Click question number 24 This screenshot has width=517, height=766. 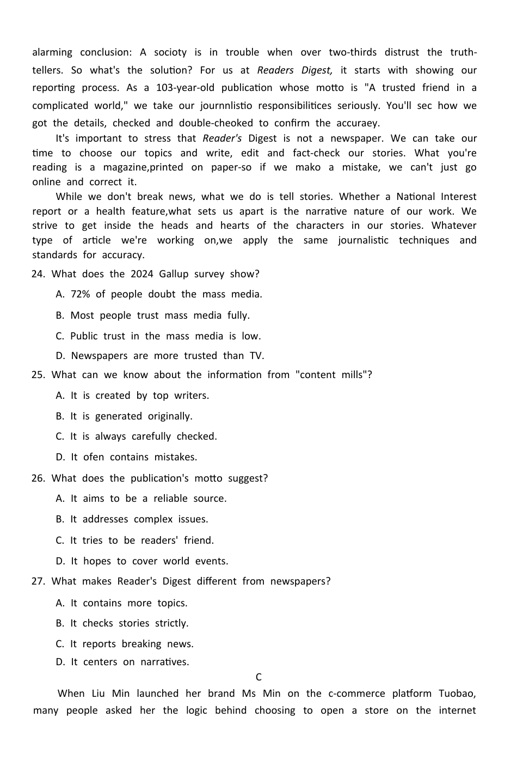tap(38, 274)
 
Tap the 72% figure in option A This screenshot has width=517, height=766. tap(80, 294)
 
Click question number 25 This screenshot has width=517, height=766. tap(38, 375)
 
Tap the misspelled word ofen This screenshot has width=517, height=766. tap(94, 457)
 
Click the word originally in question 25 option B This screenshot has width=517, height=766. tap(170, 416)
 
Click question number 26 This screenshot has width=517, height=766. tap(38, 478)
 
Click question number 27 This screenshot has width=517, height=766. tap(38, 581)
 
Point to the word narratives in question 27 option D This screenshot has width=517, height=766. tap(165, 662)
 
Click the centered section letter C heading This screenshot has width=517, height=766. tap(258, 677)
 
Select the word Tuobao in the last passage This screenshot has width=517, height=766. tap(455, 694)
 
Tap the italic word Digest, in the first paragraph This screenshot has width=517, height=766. tap(314, 70)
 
